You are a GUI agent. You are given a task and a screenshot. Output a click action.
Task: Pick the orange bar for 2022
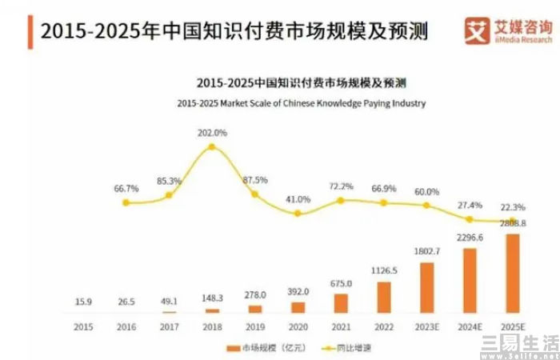(x=384, y=297)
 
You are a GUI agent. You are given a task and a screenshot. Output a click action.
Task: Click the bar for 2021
(x=341, y=303)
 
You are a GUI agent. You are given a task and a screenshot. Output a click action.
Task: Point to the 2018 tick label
(x=211, y=327)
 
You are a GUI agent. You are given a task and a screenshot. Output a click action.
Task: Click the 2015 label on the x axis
(x=82, y=327)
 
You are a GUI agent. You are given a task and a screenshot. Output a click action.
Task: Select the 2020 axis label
(x=298, y=327)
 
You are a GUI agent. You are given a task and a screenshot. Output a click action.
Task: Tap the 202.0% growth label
(x=213, y=132)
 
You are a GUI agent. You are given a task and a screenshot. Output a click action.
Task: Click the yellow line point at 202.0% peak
(x=211, y=147)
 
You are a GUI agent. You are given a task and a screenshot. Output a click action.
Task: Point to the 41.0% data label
(x=298, y=199)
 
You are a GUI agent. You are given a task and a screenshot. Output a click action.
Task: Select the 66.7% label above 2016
(x=126, y=189)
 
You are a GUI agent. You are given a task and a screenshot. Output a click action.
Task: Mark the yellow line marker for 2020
(x=298, y=214)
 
